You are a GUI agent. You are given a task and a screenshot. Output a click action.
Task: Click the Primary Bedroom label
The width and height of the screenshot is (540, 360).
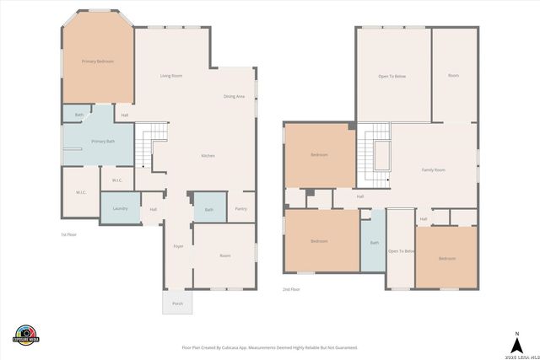(97, 62)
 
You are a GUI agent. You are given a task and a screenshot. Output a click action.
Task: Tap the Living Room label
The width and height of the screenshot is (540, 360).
(171, 76)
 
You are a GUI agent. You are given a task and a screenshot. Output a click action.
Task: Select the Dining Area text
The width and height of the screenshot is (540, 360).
(234, 97)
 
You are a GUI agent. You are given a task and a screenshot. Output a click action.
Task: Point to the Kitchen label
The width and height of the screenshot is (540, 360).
(208, 157)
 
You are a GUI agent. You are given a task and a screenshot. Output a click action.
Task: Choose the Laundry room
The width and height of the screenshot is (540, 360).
(120, 207)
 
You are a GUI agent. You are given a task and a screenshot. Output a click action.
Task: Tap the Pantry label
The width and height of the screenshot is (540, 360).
(241, 208)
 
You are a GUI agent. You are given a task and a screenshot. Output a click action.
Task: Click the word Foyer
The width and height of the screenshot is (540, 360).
(178, 246)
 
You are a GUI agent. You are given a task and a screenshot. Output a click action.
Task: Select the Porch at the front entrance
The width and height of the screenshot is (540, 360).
(177, 303)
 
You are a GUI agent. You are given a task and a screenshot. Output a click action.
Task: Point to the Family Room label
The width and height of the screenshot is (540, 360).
(434, 170)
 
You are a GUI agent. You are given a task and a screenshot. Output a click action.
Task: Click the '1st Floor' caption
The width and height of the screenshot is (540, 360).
(68, 234)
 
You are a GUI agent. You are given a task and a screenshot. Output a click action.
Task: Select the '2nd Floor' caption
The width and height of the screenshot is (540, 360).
(291, 289)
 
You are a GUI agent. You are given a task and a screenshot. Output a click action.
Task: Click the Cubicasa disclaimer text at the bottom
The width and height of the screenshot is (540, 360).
(269, 347)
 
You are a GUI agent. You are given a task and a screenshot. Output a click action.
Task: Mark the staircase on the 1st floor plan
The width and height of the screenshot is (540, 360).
(148, 143)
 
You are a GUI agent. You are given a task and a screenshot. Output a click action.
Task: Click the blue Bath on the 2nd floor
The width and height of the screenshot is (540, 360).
(374, 243)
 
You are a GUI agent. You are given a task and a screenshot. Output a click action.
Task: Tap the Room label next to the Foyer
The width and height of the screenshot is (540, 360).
(225, 255)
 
